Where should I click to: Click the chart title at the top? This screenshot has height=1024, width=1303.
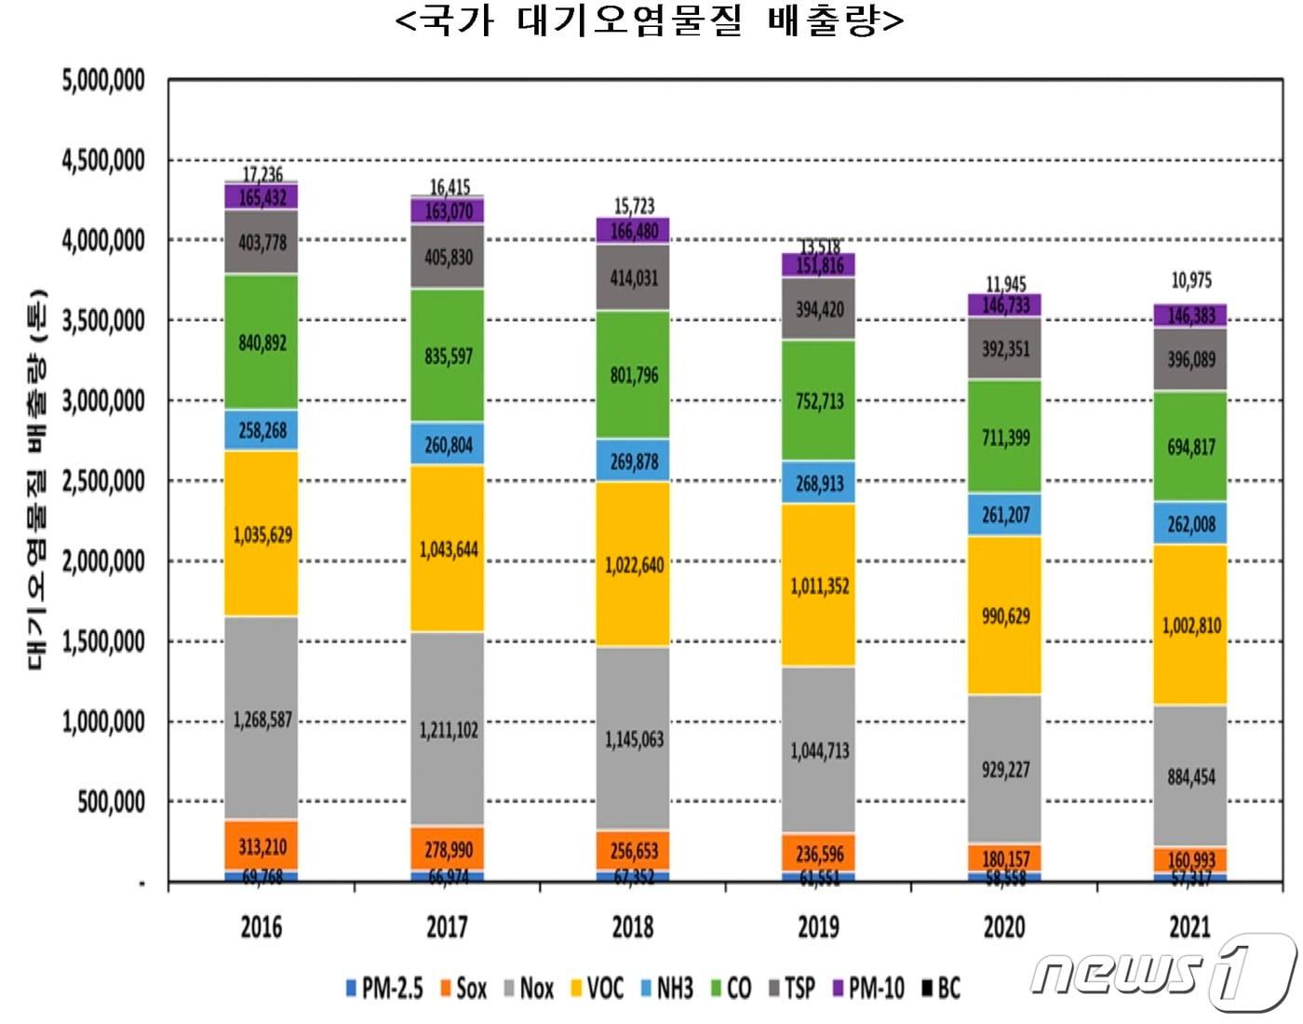click(x=650, y=20)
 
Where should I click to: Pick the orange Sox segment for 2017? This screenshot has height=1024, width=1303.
click(x=448, y=848)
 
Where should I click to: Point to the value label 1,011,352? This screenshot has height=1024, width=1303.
click(x=819, y=586)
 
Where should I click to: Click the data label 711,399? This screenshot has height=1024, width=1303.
click(x=1005, y=437)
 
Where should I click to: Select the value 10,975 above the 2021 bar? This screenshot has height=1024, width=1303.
click(x=1190, y=280)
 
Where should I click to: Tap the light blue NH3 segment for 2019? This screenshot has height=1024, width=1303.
click(x=819, y=482)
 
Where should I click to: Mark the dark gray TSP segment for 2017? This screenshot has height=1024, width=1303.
click(x=448, y=256)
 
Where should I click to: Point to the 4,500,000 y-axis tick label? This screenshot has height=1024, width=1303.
click(x=103, y=160)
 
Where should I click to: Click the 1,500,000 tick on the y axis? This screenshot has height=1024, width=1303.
click(x=103, y=641)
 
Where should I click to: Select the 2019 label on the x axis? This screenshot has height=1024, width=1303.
click(x=818, y=926)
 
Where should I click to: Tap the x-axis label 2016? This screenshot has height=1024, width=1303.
click(x=262, y=926)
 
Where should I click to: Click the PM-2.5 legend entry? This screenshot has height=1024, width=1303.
click(x=383, y=988)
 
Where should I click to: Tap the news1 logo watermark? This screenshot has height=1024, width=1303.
click(x=1163, y=973)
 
